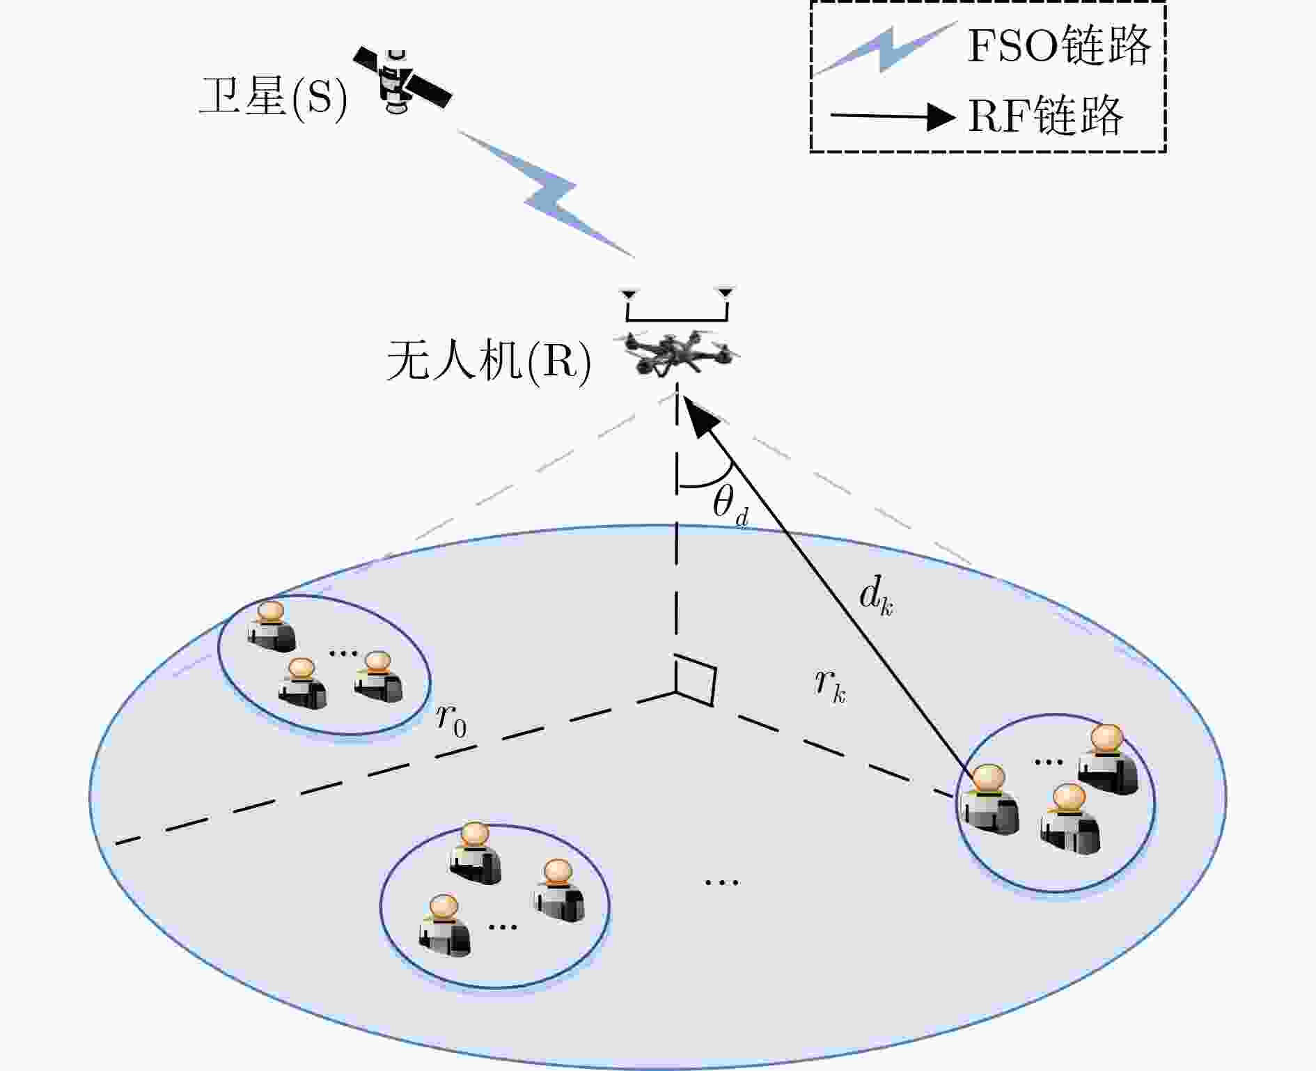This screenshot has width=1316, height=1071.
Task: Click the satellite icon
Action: [x=402, y=79]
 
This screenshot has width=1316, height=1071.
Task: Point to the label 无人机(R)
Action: [x=489, y=361]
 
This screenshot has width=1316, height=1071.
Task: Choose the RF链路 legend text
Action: [x=1045, y=116]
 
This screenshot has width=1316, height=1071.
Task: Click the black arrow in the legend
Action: [x=893, y=116]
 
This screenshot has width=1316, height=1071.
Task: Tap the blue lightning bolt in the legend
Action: [x=886, y=47]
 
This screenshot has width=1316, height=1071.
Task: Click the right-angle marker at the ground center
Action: [x=695, y=680]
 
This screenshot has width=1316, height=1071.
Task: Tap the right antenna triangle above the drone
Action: [x=726, y=292]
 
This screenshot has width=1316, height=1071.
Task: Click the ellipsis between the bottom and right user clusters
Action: [x=721, y=882]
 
